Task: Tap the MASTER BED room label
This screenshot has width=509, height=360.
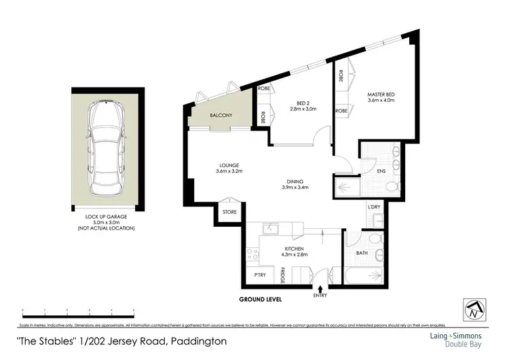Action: tap(380, 95)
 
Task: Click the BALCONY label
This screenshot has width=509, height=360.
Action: tap(221, 115)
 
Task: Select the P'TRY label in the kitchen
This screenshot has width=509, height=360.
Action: tap(260, 275)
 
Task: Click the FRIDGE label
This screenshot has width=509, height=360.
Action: tap(282, 275)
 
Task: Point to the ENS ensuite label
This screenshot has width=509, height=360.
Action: tap(381, 171)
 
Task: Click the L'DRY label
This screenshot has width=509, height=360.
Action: tap(373, 206)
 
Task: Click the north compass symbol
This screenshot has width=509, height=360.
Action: tap(473, 310)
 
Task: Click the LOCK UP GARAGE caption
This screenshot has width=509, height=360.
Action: tap(107, 217)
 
